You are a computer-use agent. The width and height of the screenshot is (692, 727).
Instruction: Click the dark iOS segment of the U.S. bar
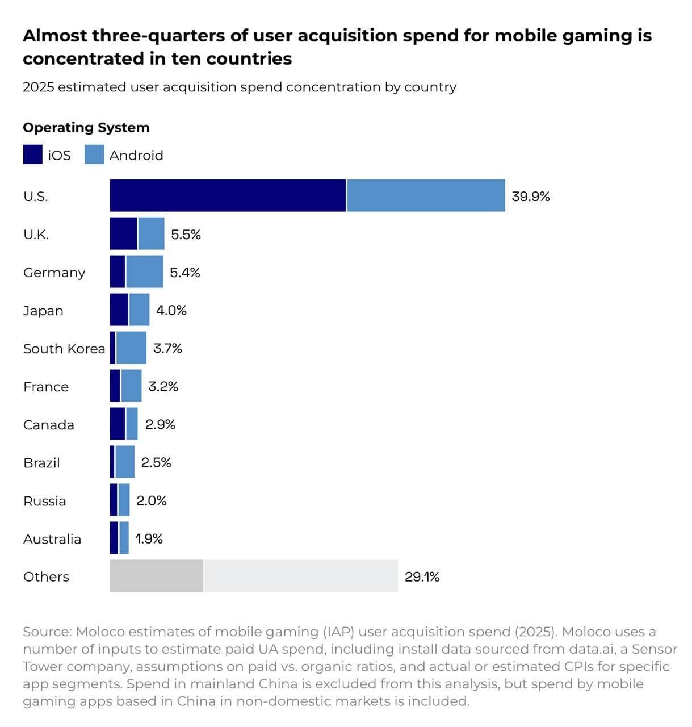click(228, 195)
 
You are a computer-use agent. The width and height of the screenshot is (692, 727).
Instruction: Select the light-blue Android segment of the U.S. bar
click(426, 195)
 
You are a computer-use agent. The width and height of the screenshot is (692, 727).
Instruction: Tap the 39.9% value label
click(531, 197)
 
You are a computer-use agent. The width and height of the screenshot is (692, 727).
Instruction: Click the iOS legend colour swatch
click(32, 154)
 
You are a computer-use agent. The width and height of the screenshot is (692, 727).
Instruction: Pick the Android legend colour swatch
click(94, 154)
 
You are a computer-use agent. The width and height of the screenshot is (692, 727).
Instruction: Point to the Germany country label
click(54, 273)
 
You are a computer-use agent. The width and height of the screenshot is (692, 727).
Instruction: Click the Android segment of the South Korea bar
click(131, 348)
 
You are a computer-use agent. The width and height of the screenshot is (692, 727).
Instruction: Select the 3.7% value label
click(167, 348)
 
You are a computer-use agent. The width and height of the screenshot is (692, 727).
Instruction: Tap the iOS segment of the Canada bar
click(118, 424)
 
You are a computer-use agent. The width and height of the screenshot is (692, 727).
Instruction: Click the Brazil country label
click(41, 463)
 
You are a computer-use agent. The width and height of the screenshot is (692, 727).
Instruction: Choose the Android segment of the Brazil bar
click(125, 462)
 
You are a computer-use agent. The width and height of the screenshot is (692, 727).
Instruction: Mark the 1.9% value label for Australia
click(149, 538)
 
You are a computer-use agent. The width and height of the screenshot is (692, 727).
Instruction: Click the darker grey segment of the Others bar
click(156, 576)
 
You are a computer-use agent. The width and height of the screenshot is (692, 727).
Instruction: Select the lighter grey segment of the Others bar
click(301, 576)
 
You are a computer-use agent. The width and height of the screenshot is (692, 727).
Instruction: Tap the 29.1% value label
click(422, 576)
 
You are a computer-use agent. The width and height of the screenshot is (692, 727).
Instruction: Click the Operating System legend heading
click(86, 127)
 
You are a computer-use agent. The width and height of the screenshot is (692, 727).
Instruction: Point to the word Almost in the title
click(54, 36)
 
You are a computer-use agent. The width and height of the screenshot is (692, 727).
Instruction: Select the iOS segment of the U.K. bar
click(123, 233)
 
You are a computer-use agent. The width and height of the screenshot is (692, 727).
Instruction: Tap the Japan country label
click(43, 311)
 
